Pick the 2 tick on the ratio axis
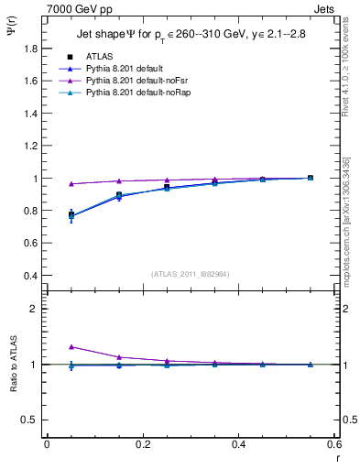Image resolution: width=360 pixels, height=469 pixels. pos(37,309)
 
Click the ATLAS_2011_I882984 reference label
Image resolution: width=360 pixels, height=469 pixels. pos(190,273)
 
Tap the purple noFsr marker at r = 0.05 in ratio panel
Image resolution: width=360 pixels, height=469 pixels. pos(71,347)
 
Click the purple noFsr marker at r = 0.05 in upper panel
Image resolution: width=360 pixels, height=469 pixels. pos(71,183)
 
